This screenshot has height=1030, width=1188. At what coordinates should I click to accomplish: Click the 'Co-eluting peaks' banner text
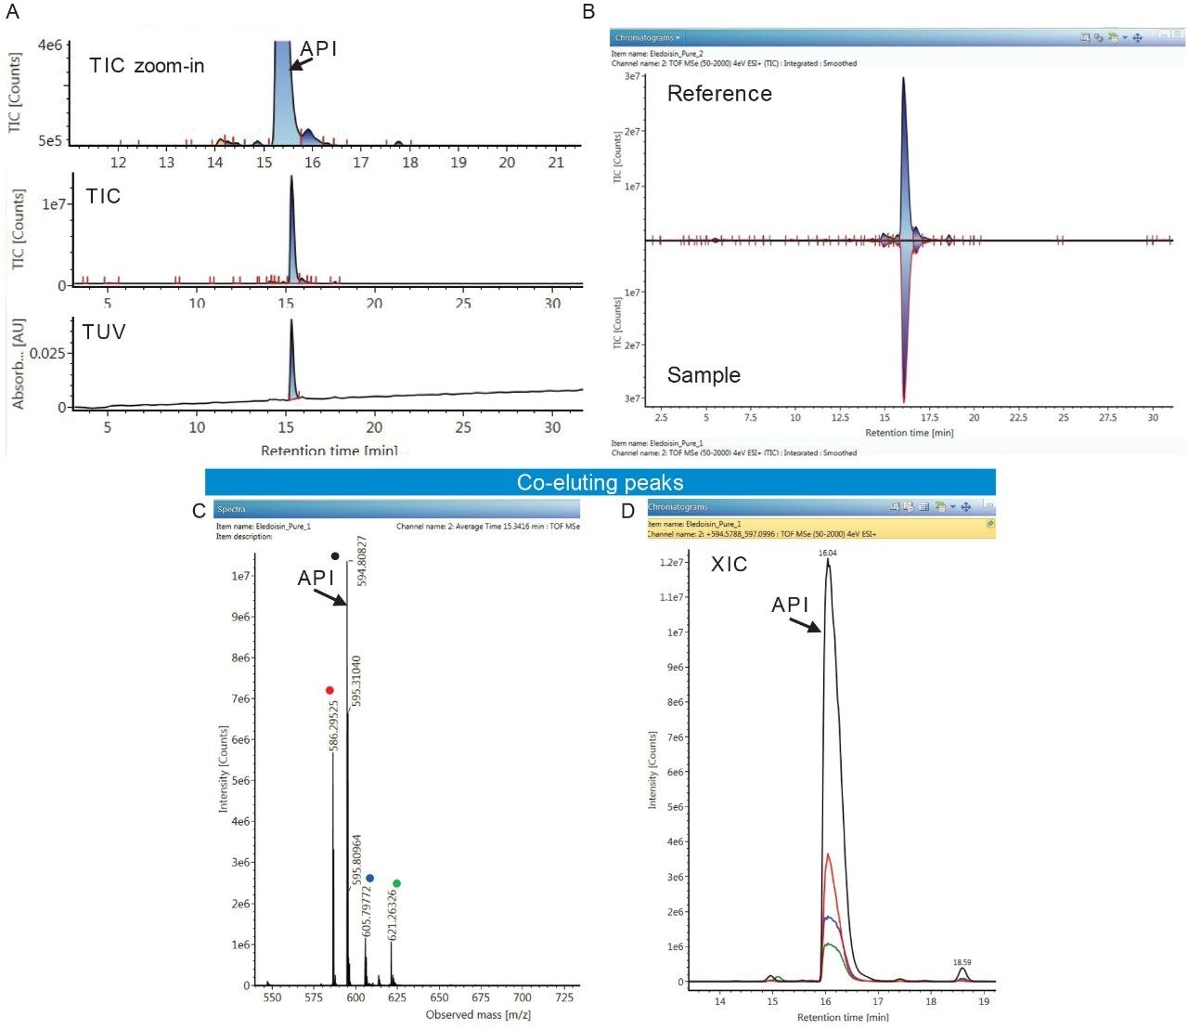(x=600, y=483)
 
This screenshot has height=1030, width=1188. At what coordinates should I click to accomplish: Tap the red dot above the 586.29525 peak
(x=329, y=690)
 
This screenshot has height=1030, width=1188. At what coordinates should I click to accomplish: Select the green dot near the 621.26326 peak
(x=396, y=883)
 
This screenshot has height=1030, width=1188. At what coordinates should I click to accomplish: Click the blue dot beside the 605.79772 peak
(x=370, y=878)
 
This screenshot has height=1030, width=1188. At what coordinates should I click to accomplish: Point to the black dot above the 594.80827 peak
(x=335, y=556)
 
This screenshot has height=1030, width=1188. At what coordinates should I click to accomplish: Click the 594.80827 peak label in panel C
(x=362, y=561)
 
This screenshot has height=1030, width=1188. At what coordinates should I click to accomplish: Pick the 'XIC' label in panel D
(x=729, y=565)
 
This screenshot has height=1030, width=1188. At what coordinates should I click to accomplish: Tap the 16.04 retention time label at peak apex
(x=827, y=553)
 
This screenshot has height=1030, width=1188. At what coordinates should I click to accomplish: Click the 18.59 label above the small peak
(x=962, y=963)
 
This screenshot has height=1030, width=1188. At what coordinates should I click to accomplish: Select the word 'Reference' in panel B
(x=719, y=94)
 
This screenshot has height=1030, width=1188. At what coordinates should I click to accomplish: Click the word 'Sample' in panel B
(x=704, y=375)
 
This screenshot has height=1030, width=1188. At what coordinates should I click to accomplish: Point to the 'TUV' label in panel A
(x=104, y=332)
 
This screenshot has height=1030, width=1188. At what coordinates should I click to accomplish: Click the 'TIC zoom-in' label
(x=147, y=66)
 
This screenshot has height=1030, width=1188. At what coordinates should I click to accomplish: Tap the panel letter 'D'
(x=628, y=511)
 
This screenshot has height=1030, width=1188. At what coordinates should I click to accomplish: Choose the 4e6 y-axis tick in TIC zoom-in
(x=50, y=46)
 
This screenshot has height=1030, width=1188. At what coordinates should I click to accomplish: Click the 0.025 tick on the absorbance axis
(x=47, y=354)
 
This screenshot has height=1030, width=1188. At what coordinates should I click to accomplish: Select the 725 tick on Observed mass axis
(x=563, y=997)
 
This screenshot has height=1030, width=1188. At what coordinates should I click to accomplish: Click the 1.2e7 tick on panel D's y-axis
(x=671, y=563)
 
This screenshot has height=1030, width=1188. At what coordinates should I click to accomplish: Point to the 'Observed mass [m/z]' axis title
(x=478, y=1015)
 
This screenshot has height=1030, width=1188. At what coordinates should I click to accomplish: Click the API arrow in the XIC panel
(x=806, y=623)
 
